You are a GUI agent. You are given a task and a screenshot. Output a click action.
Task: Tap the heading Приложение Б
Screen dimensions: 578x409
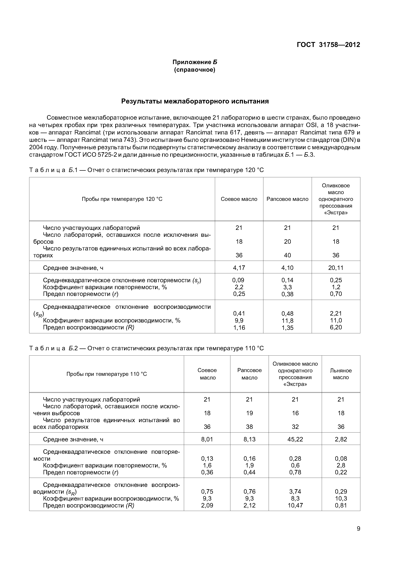pyautogui.click(x=195, y=62)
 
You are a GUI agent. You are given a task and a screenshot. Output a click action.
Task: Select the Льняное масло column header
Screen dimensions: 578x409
pyautogui.click(x=341, y=374)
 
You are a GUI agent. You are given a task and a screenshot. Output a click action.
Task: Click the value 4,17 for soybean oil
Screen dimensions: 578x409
pyautogui.click(x=239, y=268)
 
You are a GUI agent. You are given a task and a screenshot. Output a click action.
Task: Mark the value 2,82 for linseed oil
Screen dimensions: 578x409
pyautogui.click(x=341, y=439)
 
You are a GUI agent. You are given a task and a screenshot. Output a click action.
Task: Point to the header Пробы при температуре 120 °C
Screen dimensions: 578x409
pyautogui.click(x=122, y=199)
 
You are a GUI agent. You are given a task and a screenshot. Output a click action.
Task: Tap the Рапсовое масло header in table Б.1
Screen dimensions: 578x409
pyautogui.click(x=287, y=199)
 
